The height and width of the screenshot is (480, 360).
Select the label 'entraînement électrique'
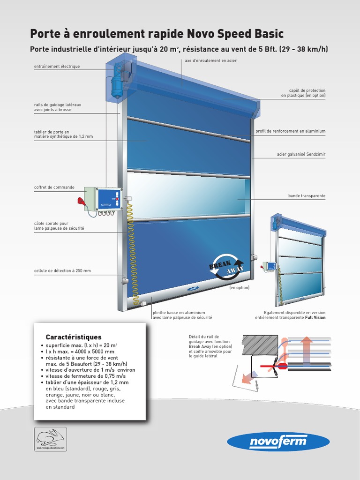(x=57, y=67)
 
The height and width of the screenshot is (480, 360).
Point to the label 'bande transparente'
(x=307, y=195)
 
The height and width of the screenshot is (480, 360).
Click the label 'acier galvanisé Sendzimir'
(x=301, y=154)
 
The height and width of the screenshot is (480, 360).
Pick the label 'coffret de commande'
(x=54, y=187)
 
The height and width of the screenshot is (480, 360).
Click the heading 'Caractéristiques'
(x=73, y=337)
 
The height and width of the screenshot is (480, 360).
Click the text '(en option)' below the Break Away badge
(x=239, y=288)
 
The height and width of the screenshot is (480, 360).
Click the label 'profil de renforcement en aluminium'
(x=290, y=131)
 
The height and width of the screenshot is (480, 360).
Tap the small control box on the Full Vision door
(x=271, y=266)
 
